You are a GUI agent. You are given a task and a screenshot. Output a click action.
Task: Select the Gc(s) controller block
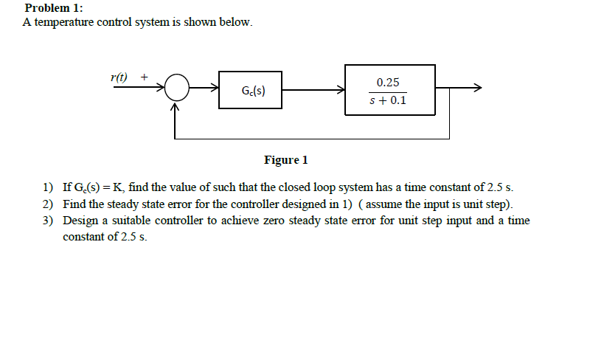pyautogui.click(x=250, y=91)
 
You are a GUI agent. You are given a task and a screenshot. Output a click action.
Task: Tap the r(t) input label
pyautogui.click(x=118, y=76)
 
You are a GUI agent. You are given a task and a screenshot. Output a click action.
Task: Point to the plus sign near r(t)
pyautogui.click(x=144, y=76)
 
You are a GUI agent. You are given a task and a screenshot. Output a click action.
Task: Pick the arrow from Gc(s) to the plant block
pyautogui.click(x=313, y=89)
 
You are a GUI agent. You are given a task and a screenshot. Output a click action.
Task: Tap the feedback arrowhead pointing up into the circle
pyautogui.click(x=176, y=107)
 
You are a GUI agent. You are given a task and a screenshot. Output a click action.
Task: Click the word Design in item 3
pyautogui.click(x=80, y=221)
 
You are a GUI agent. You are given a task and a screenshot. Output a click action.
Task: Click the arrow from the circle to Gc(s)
pyautogui.click(x=204, y=89)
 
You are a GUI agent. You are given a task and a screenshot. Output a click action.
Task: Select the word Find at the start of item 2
pyautogui.click(x=74, y=204)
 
